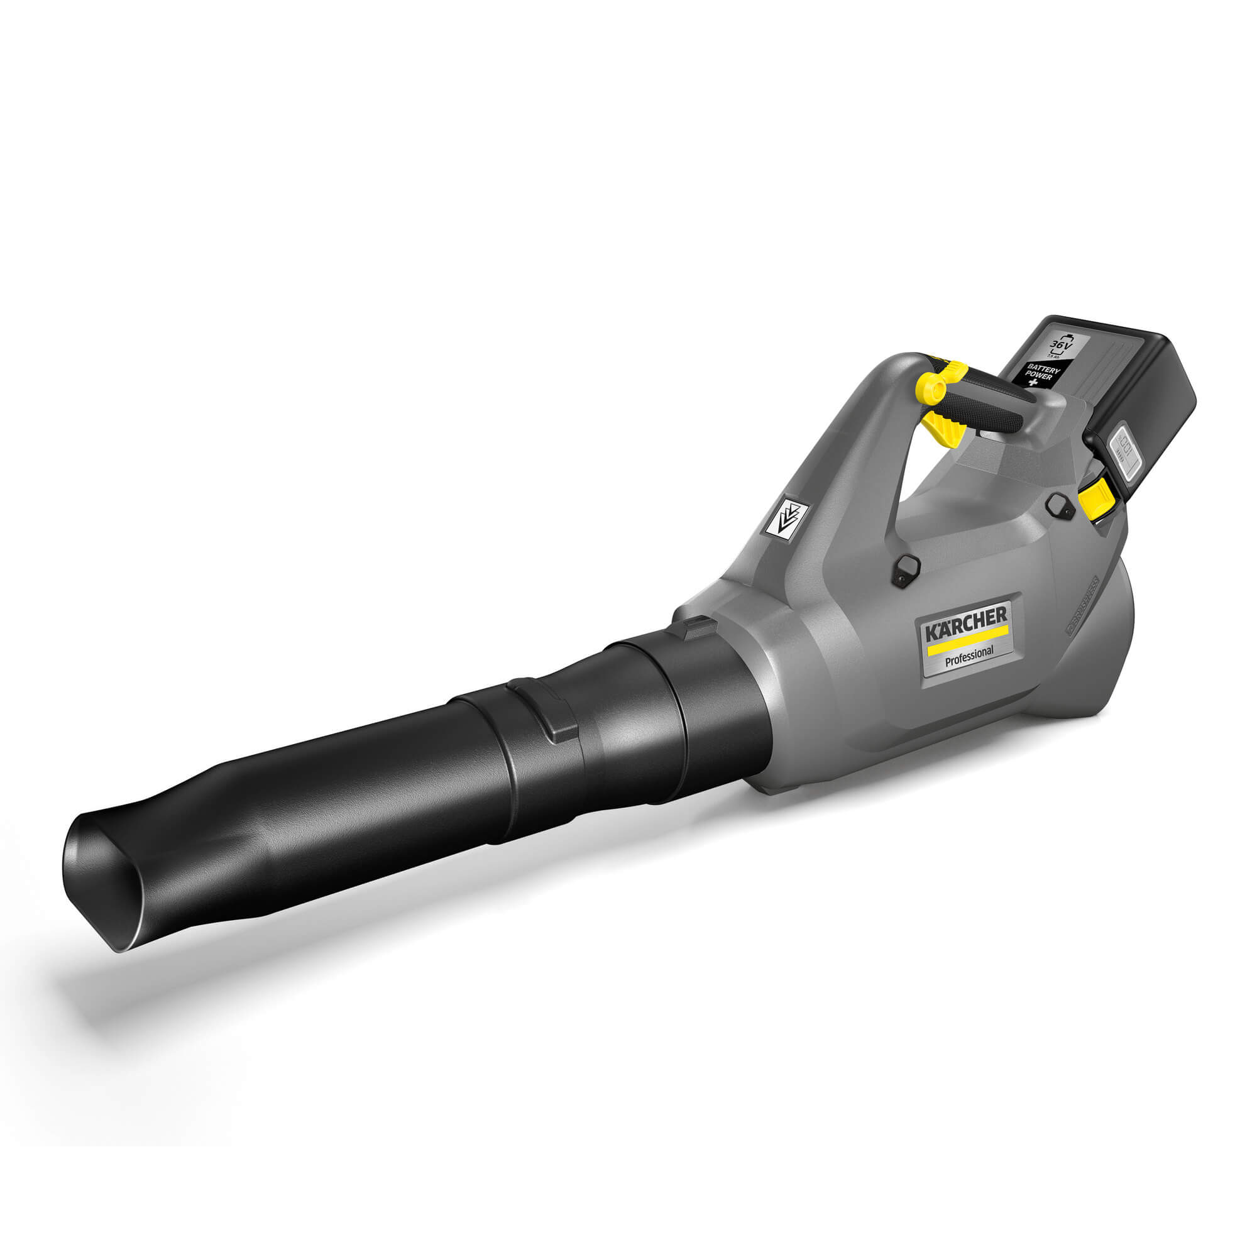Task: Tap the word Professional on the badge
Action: click(969, 652)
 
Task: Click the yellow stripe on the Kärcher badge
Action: click(967, 636)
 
